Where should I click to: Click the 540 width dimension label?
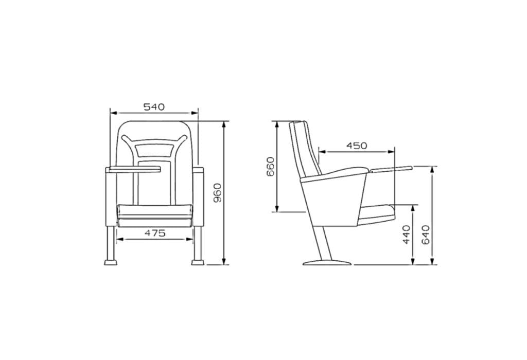(x=154, y=107)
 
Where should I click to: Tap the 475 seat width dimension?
(x=155, y=233)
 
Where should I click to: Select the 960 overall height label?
(x=218, y=193)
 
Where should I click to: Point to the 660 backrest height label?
(x=271, y=167)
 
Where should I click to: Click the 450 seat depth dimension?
(x=357, y=146)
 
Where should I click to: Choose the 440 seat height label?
(x=407, y=235)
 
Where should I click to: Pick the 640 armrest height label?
(x=426, y=235)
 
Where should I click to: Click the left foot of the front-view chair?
(x=111, y=262)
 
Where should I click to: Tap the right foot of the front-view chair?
(x=198, y=262)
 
